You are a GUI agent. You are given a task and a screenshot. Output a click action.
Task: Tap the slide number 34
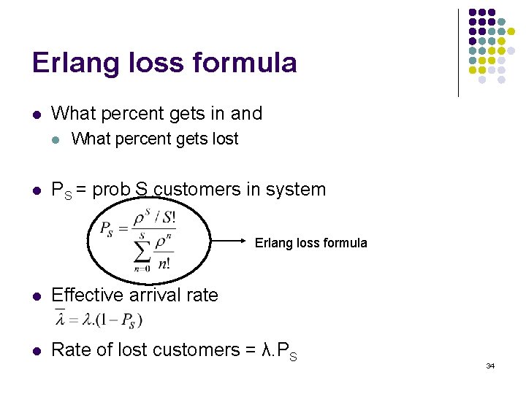(490, 366)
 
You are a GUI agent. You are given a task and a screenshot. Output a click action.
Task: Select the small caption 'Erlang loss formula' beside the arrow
(310, 243)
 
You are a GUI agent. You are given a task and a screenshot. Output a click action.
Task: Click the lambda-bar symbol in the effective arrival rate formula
(60, 319)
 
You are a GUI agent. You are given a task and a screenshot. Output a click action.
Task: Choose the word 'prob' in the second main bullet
(111, 190)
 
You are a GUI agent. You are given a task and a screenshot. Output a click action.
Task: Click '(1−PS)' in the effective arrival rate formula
(122, 320)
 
